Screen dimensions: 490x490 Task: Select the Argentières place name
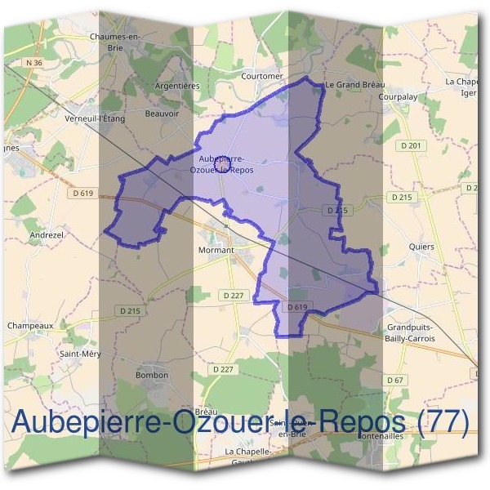(x=177, y=86)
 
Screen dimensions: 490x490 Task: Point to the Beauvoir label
(x=161, y=114)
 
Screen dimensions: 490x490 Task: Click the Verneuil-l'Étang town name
(x=94, y=118)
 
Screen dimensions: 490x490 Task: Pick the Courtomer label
(x=262, y=77)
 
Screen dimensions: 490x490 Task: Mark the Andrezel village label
(x=47, y=234)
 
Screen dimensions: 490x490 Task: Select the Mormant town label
(x=216, y=250)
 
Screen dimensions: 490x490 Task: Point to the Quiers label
(x=421, y=247)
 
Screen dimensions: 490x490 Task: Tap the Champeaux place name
(x=30, y=325)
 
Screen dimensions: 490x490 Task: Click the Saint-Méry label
(x=79, y=354)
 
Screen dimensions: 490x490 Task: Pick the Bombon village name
(x=153, y=375)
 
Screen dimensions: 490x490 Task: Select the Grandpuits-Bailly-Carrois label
(x=408, y=332)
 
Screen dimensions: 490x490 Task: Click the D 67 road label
(x=395, y=381)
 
